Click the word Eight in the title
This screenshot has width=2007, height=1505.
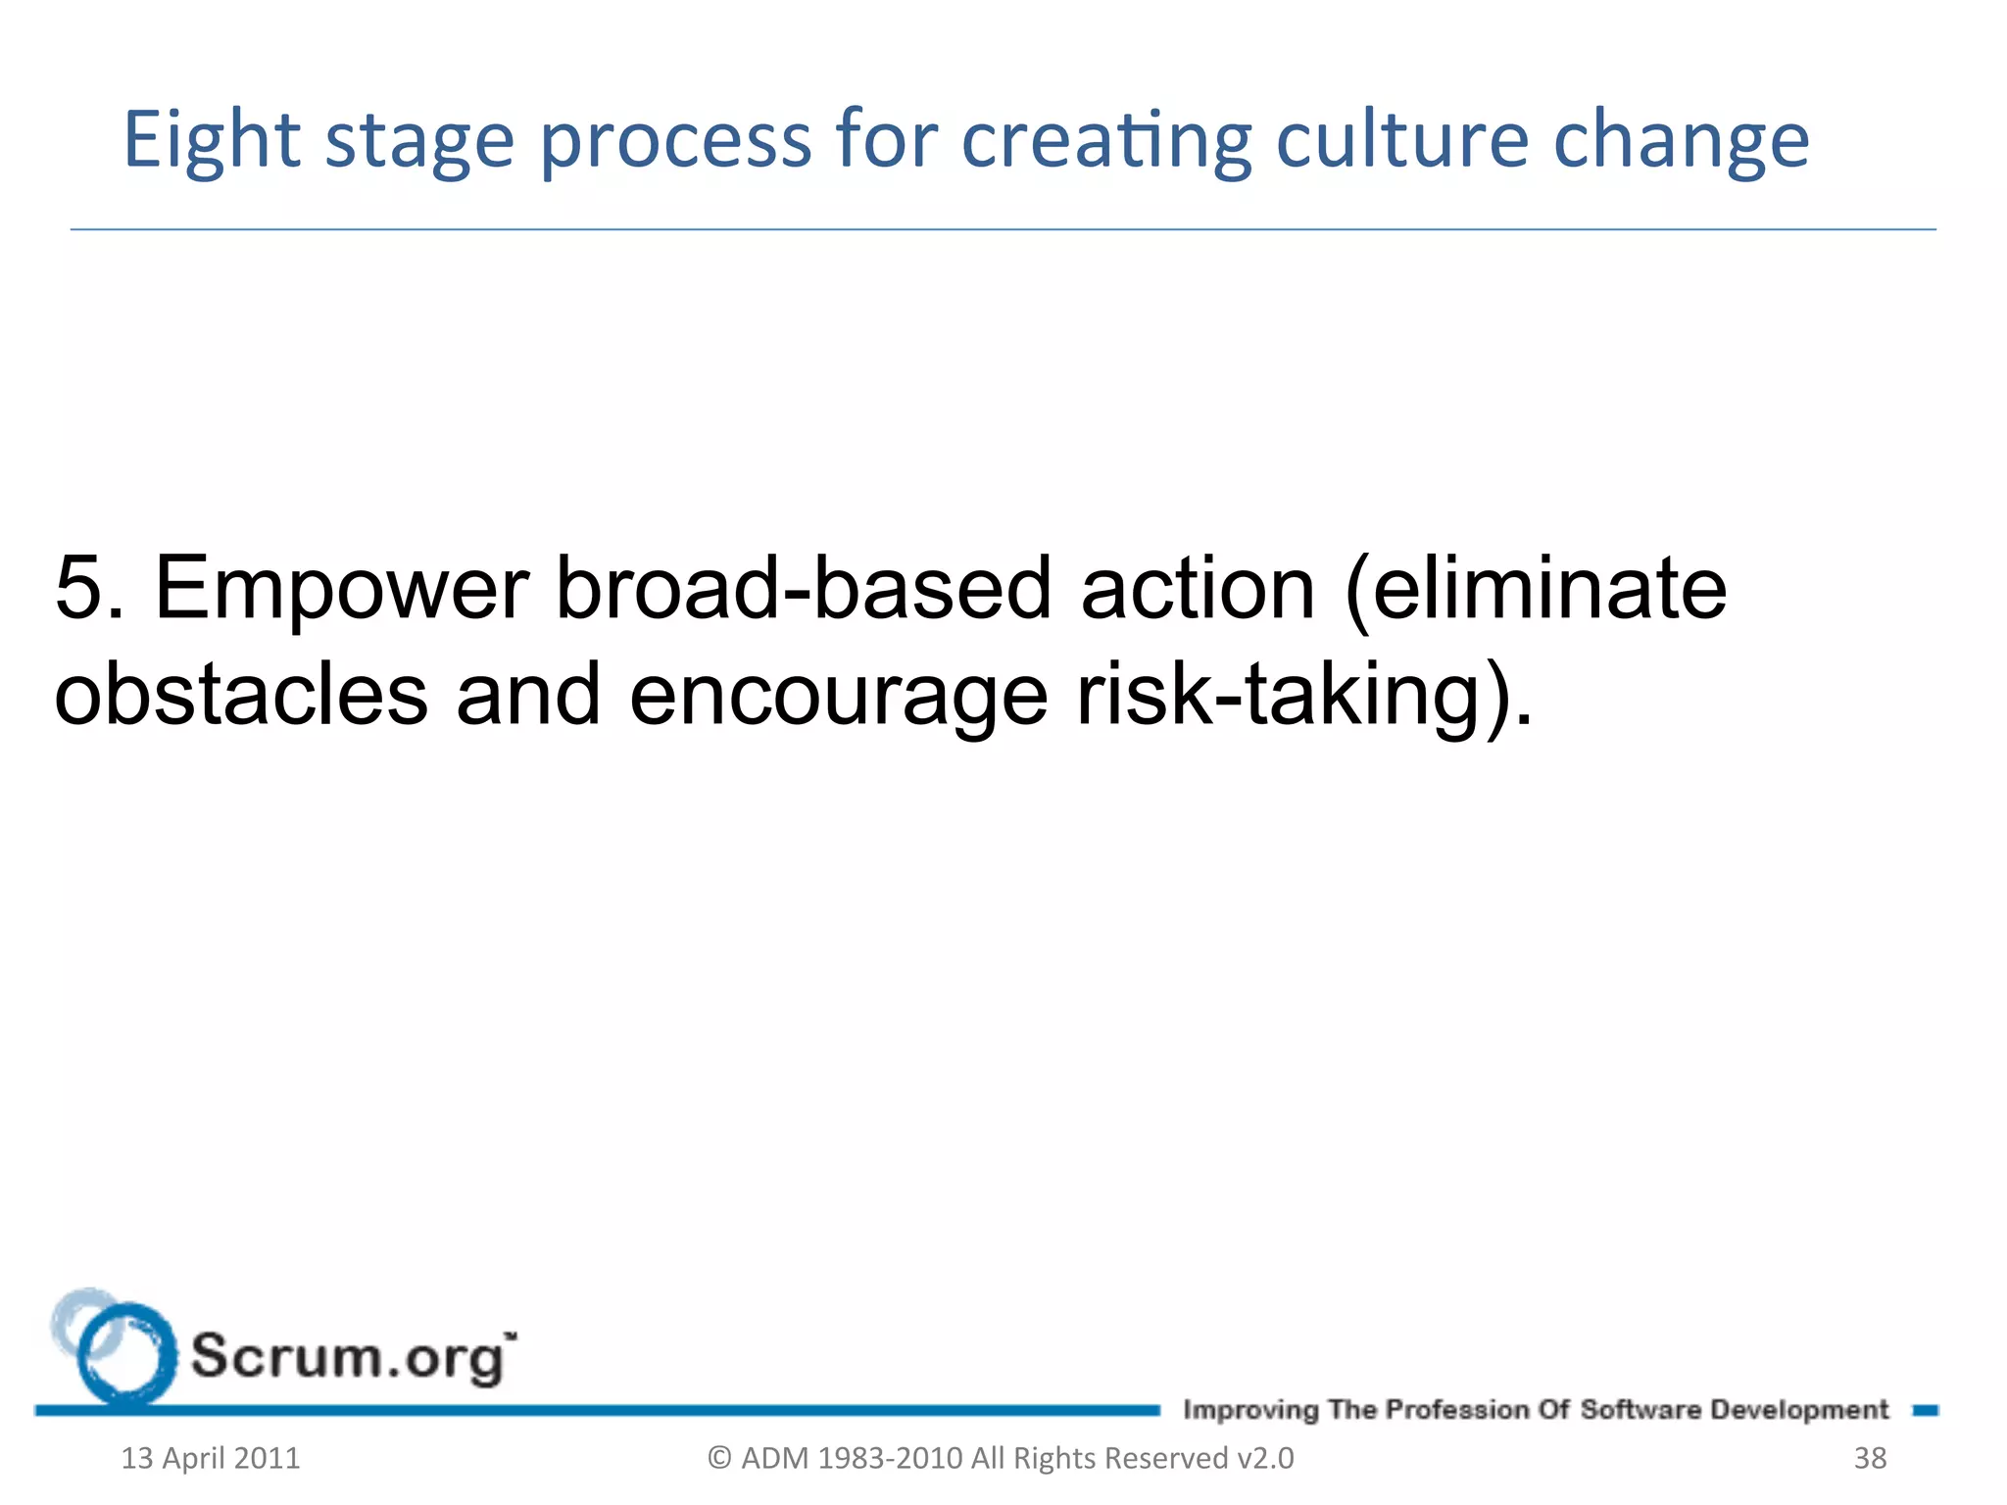click(211, 140)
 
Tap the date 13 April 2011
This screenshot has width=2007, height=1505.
click(210, 1458)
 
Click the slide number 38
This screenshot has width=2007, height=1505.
click(1870, 1458)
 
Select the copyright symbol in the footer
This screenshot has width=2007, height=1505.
click(719, 1458)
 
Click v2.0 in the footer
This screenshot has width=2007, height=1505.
click(1265, 1458)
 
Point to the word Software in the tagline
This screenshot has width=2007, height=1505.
click(1640, 1409)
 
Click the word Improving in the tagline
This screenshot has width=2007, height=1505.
click(1250, 1410)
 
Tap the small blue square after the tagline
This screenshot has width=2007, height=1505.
click(1925, 1410)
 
